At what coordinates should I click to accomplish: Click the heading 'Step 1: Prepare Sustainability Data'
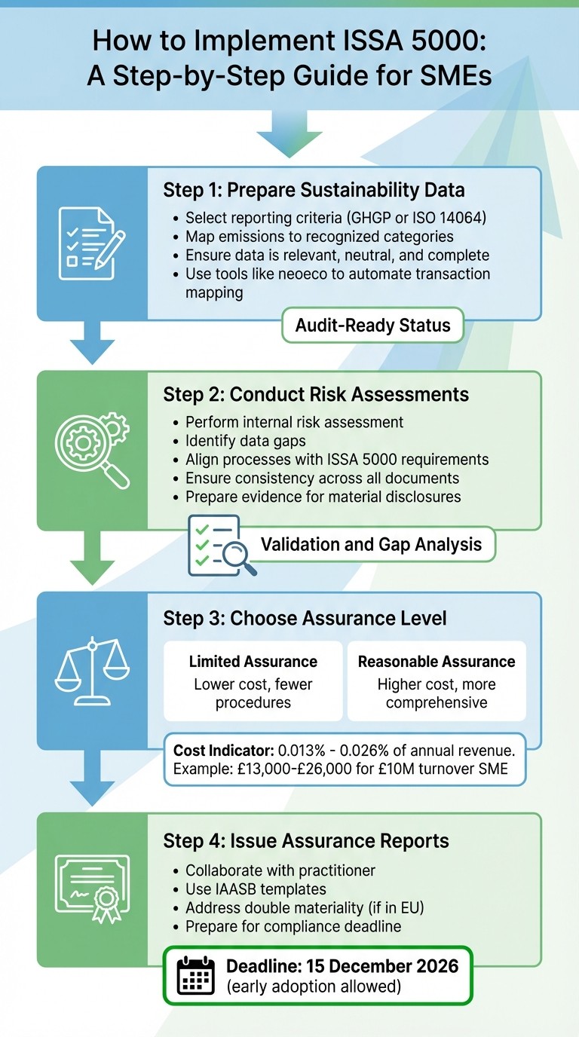[x=314, y=190]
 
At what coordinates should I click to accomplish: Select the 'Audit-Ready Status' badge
[x=372, y=326]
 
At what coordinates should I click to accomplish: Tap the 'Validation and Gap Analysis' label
[x=371, y=544]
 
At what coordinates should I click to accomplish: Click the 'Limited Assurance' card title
[x=253, y=662]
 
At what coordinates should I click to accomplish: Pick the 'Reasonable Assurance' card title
[x=436, y=662]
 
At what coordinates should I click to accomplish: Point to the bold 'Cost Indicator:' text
[x=223, y=751]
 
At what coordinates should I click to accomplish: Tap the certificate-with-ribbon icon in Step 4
[x=92, y=887]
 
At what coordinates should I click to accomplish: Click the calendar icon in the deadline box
[x=195, y=976]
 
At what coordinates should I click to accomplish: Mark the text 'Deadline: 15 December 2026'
[x=342, y=966]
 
